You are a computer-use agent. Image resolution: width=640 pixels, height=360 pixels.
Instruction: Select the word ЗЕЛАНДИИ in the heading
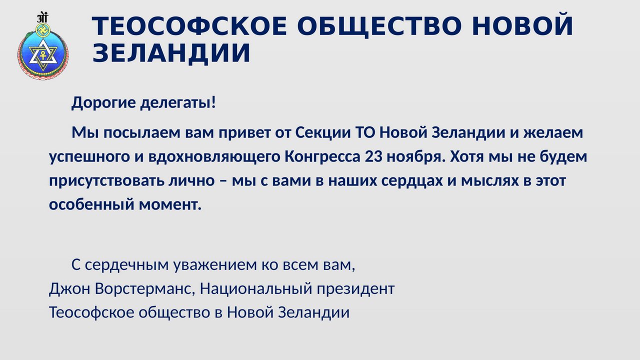click(x=171, y=53)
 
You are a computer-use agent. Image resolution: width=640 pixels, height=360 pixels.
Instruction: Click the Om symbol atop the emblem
click(x=42, y=17)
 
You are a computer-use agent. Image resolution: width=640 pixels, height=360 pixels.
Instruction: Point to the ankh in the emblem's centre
click(x=43, y=55)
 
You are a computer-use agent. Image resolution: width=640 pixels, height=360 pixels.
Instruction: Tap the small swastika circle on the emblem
click(x=43, y=29)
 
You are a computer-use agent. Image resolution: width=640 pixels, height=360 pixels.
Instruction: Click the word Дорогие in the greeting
click(x=103, y=103)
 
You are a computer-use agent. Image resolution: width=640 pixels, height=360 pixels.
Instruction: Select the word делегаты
click(x=175, y=103)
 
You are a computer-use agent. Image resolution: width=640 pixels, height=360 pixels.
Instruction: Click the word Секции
click(x=323, y=133)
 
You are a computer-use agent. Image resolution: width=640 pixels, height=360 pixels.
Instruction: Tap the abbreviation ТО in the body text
click(x=364, y=132)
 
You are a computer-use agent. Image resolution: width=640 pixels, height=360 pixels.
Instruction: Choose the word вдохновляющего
click(x=214, y=157)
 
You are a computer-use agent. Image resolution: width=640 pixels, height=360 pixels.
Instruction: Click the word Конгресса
click(x=322, y=157)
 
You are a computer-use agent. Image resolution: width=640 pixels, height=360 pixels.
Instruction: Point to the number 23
click(x=373, y=157)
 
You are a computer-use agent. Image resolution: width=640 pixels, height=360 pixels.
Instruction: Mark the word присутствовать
click(x=106, y=181)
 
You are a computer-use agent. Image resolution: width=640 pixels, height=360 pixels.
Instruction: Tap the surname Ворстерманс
click(x=145, y=288)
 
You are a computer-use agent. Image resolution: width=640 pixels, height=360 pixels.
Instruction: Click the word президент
click(x=355, y=289)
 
